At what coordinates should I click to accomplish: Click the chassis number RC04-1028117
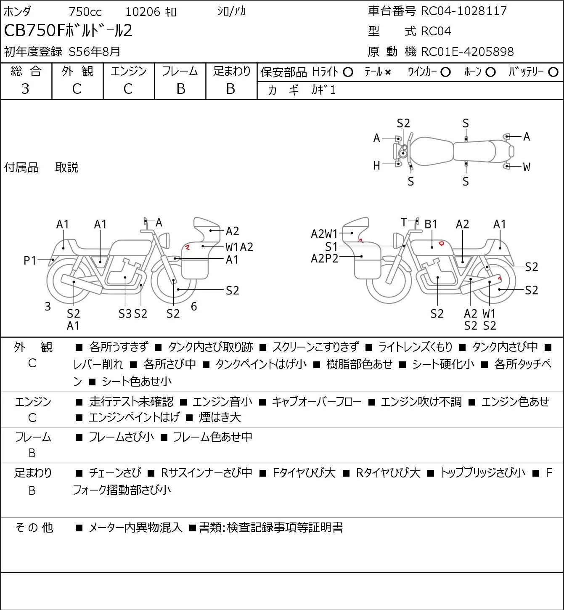[x=464, y=11]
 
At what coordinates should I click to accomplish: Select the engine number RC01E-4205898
[x=467, y=52]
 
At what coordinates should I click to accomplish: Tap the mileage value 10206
[x=143, y=12]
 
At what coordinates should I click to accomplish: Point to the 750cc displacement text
[x=85, y=12]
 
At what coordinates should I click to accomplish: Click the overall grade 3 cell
[x=25, y=89]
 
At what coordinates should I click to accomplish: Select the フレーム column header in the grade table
[x=180, y=71]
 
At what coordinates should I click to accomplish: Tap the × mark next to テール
[x=388, y=72]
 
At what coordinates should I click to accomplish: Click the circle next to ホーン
[x=490, y=72]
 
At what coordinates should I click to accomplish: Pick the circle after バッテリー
[x=553, y=72]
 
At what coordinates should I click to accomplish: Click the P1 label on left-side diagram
[x=30, y=261]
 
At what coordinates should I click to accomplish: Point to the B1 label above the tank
[x=431, y=225]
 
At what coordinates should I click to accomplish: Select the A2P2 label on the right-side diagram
[x=324, y=259]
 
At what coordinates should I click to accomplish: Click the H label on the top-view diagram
[x=376, y=166]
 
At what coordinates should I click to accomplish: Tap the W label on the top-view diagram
[x=527, y=167]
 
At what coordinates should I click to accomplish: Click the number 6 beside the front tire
[x=194, y=306]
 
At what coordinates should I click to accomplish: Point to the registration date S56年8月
[x=94, y=52]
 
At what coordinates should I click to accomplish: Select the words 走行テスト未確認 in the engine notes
[x=131, y=402]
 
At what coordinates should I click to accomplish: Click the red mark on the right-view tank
[x=442, y=244]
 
